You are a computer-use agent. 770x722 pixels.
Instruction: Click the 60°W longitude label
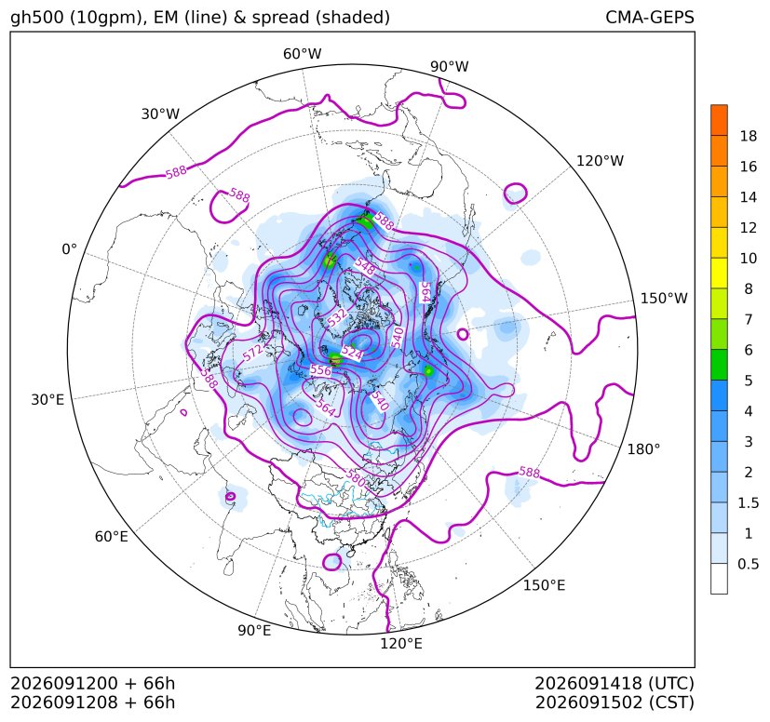(x=302, y=54)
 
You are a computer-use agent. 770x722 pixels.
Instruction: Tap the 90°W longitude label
(x=450, y=66)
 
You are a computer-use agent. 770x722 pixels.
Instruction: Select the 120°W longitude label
(x=601, y=161)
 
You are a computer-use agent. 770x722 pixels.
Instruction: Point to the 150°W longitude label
(x=664, y=298)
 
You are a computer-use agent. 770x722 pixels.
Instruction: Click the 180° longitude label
(x=643, y=448)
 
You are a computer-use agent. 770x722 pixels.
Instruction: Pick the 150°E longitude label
(x=544, y=585)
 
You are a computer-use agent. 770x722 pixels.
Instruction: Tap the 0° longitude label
(x=69, y=249)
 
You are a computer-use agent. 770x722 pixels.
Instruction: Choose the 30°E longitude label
(x=47, y=399)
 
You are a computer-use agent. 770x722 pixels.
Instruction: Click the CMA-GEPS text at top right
(x=650, y=17)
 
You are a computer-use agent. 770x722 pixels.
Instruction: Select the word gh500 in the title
(x=37, y=18)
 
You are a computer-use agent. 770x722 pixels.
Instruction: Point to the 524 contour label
(x=352, y=352)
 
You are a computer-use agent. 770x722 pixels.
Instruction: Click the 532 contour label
(x=337, y=317)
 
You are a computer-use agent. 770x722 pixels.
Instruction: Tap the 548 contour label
(x=365, y=266)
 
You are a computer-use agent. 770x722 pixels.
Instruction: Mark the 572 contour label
(x=252, y=352)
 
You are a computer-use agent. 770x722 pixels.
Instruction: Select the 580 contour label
(x=355, y=478)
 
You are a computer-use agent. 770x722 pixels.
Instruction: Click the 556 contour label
(x=320, y=370)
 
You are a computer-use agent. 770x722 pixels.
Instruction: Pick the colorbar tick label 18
(x=749, y=136)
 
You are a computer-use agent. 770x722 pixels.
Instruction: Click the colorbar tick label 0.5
(x=748, y=564)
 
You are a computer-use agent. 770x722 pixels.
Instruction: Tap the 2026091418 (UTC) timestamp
(x=615, y=683)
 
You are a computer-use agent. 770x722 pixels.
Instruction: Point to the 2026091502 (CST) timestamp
(x=615, y=702)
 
